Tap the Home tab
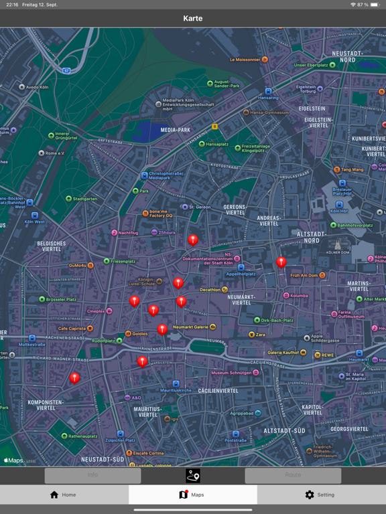coord(64,495)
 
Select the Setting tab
coord(320,495)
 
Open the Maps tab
coord(192,495)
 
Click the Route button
coord(293,475)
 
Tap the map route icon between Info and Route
coord(193,475)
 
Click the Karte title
coord(193,18)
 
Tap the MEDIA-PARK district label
coord(176,130)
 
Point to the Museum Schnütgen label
coord(231,373)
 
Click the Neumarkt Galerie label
coord(191,327)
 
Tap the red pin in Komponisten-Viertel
coord(74,378)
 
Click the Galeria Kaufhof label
coord(283,353)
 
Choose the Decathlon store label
coord(210,290)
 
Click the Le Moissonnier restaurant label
coord(245,60)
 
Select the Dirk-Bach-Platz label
coord(277,321)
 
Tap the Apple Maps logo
coord(14,460)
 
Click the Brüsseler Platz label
coord(61,299)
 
